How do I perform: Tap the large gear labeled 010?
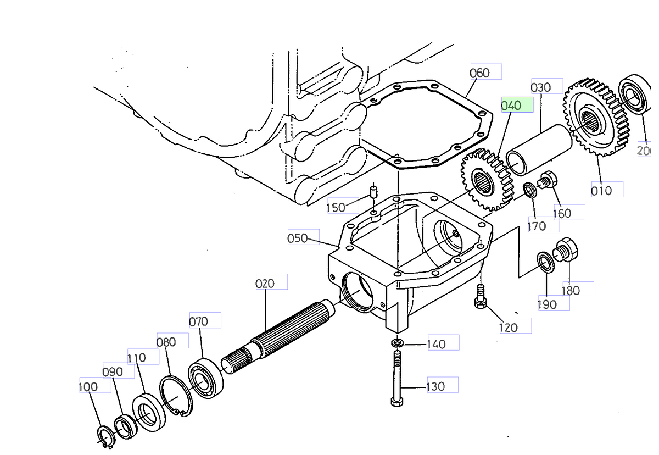pyautogui.click(x=595, y=118)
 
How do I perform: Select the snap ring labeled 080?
pyautogui.click(x=175, y=396)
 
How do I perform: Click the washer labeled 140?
pyautogui.click(x=397, y=344)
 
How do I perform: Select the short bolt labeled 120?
pyautogui.click(x=479, y=296)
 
